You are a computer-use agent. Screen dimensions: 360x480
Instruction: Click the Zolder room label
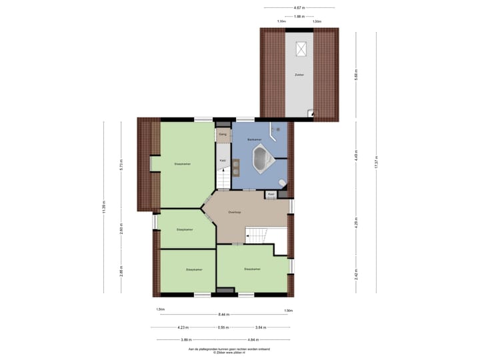(x=299, y=75)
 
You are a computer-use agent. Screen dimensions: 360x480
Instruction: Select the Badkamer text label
(x=254, y=139)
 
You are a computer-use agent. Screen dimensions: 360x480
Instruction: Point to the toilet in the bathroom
(x=283, y=183)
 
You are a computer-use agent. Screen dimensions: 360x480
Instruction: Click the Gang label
(x=223, y=134)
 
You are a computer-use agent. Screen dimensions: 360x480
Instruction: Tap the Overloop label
(x=234, y=212)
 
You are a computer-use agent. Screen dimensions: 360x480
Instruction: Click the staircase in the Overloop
(x=256, y=235)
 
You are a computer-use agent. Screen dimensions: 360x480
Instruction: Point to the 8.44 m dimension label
(x=223, y=315)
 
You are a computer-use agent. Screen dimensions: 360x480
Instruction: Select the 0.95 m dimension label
(x=223, y=327)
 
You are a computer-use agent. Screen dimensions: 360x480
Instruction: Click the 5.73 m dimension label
(x=121, y=166)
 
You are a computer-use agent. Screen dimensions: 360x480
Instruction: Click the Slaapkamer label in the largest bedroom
(x=183, y=163)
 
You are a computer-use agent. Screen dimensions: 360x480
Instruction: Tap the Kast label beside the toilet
(x=271, y=194)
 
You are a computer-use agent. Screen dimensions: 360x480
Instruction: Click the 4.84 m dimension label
(x=260, y=339)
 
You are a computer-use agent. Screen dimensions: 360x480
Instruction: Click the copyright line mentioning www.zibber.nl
(x=223, y=352)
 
